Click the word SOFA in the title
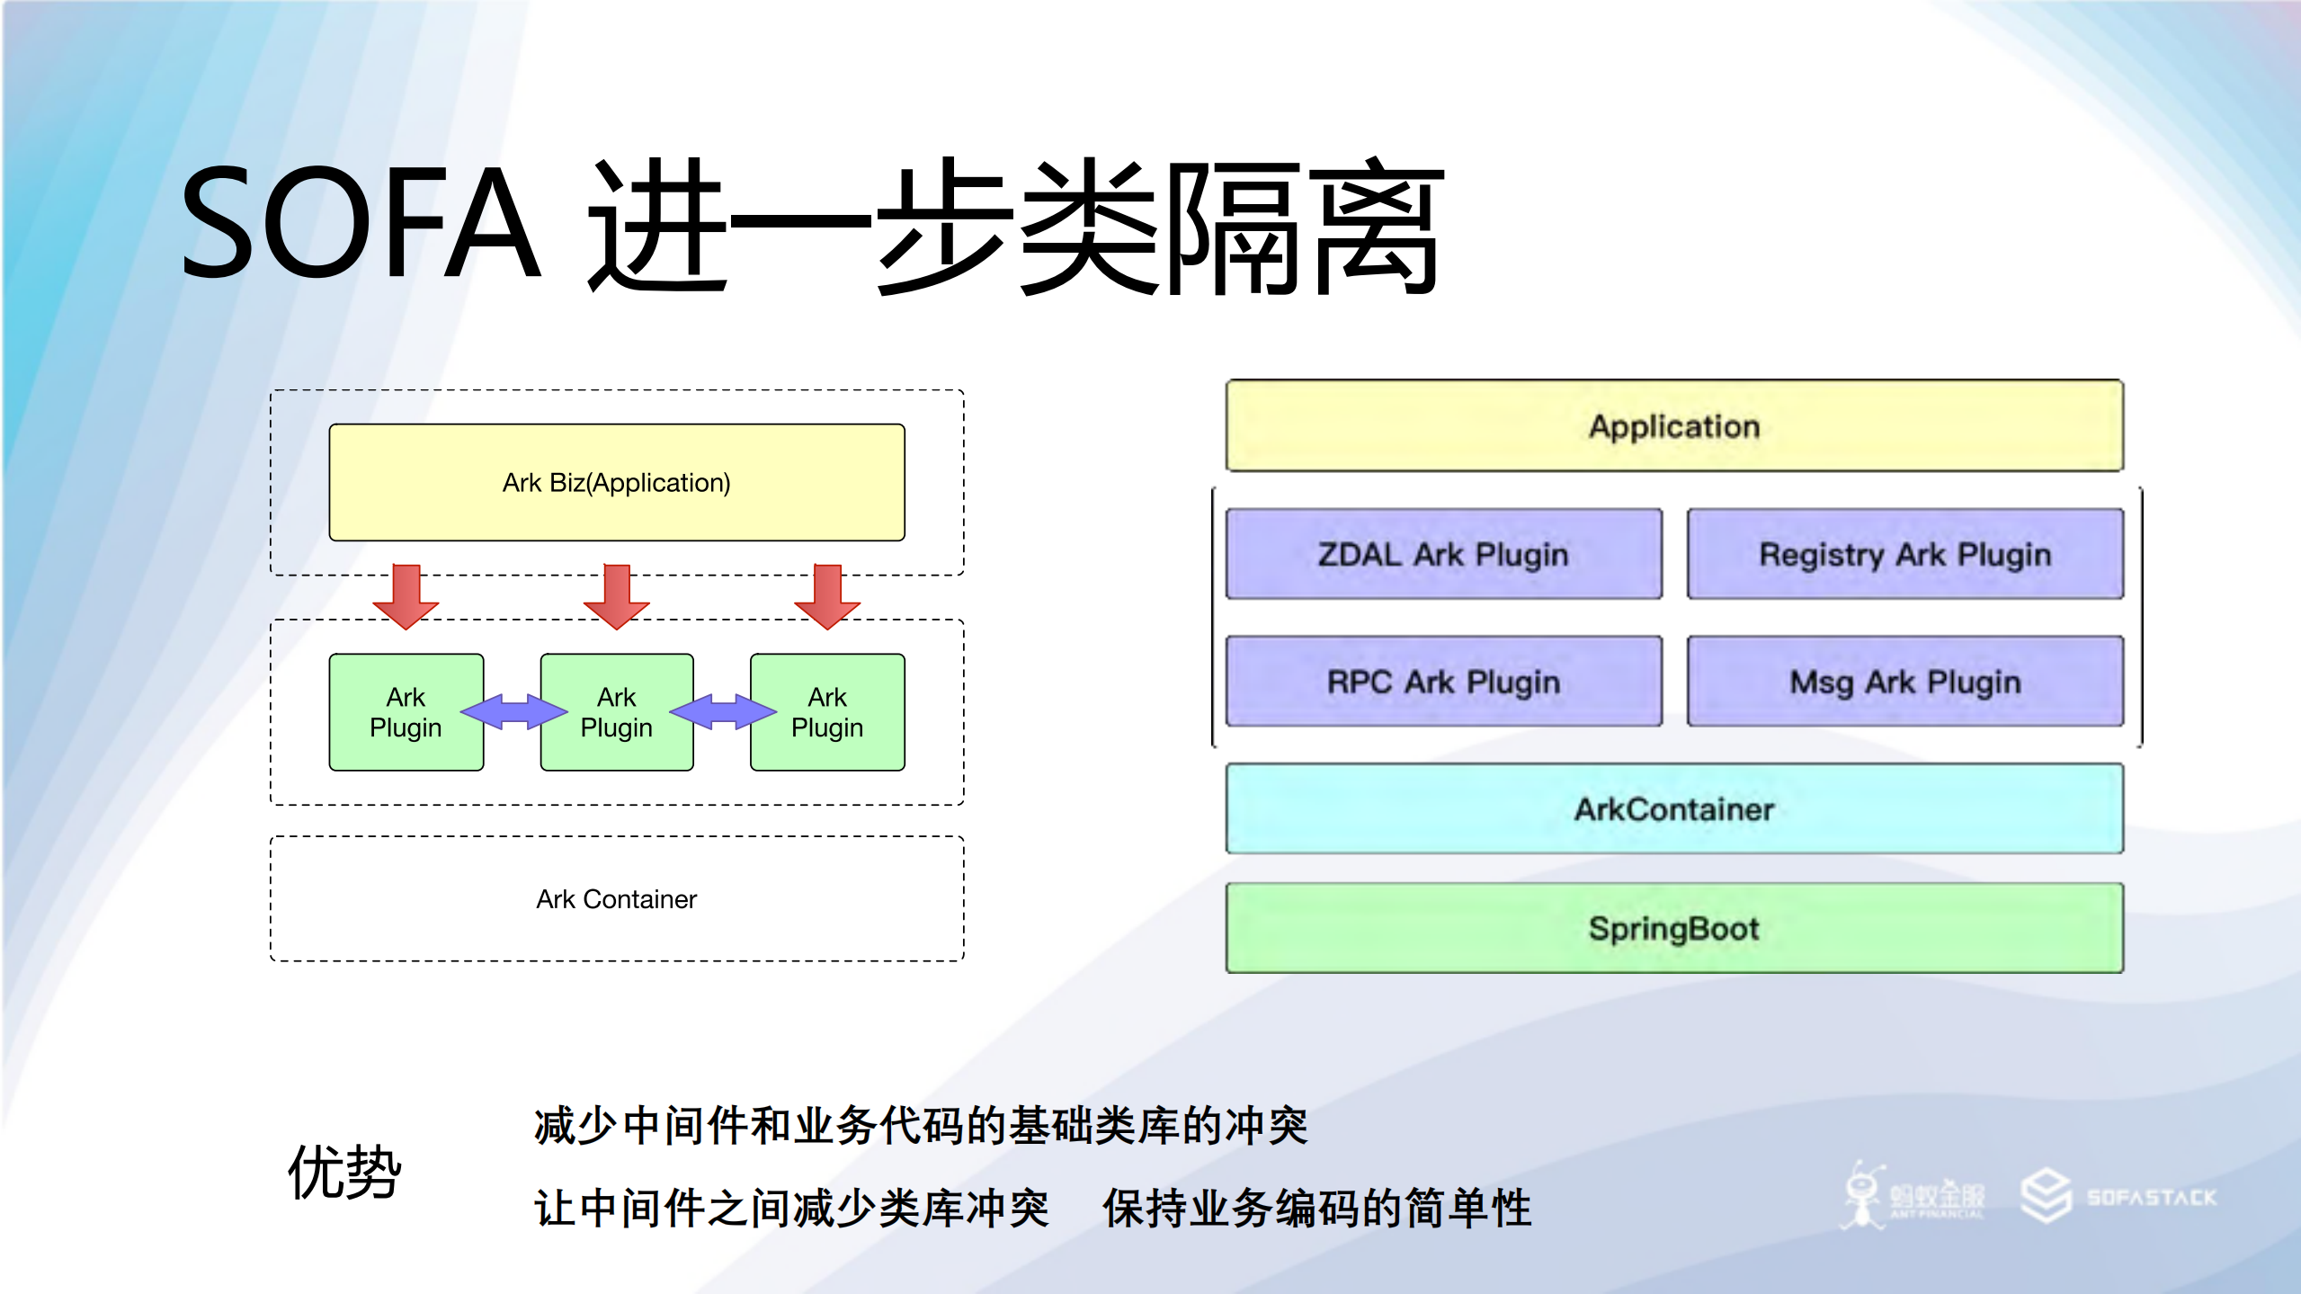click(360, 223)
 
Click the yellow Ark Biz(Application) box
click(617, 482)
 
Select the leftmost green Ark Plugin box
click(406, 712)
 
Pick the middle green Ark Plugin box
click(617, 712)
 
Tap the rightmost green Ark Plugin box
click(827, 712)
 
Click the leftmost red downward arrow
click(406, 596)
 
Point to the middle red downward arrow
click(617, 596)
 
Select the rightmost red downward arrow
click(827, 596)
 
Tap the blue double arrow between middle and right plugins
click(723, 712)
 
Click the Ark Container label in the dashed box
click(617, 899)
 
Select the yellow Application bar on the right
click(1674, 426)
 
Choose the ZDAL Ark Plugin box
click(1443, 554)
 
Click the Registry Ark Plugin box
click(1905, 554)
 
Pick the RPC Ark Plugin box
click(1443, 682)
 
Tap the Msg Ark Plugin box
click(1905, 682)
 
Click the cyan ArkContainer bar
click(1674, 809)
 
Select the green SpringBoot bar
click(1674, 928)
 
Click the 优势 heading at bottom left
click(344, 1172)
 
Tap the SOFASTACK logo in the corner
click(2119, 1197)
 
